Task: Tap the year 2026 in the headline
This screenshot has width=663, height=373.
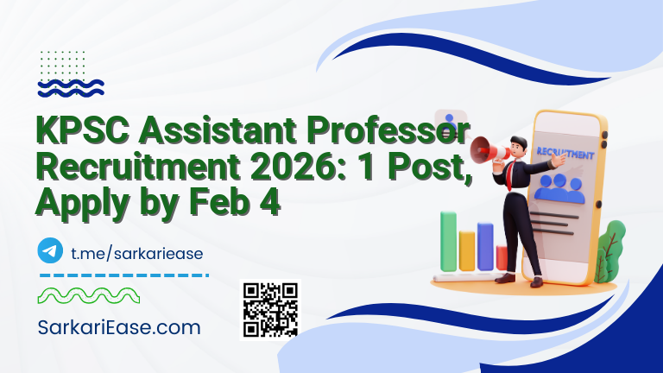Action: [272, 170]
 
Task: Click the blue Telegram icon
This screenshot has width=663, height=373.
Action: [50, 251]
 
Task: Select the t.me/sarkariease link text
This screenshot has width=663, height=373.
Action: [136, 252]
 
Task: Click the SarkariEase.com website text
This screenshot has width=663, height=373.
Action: [119, 327]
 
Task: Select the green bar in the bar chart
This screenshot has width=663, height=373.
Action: [448, 241]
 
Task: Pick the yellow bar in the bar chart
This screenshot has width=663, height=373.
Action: [467, 250]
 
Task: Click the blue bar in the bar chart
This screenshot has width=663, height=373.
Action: [485, 246]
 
